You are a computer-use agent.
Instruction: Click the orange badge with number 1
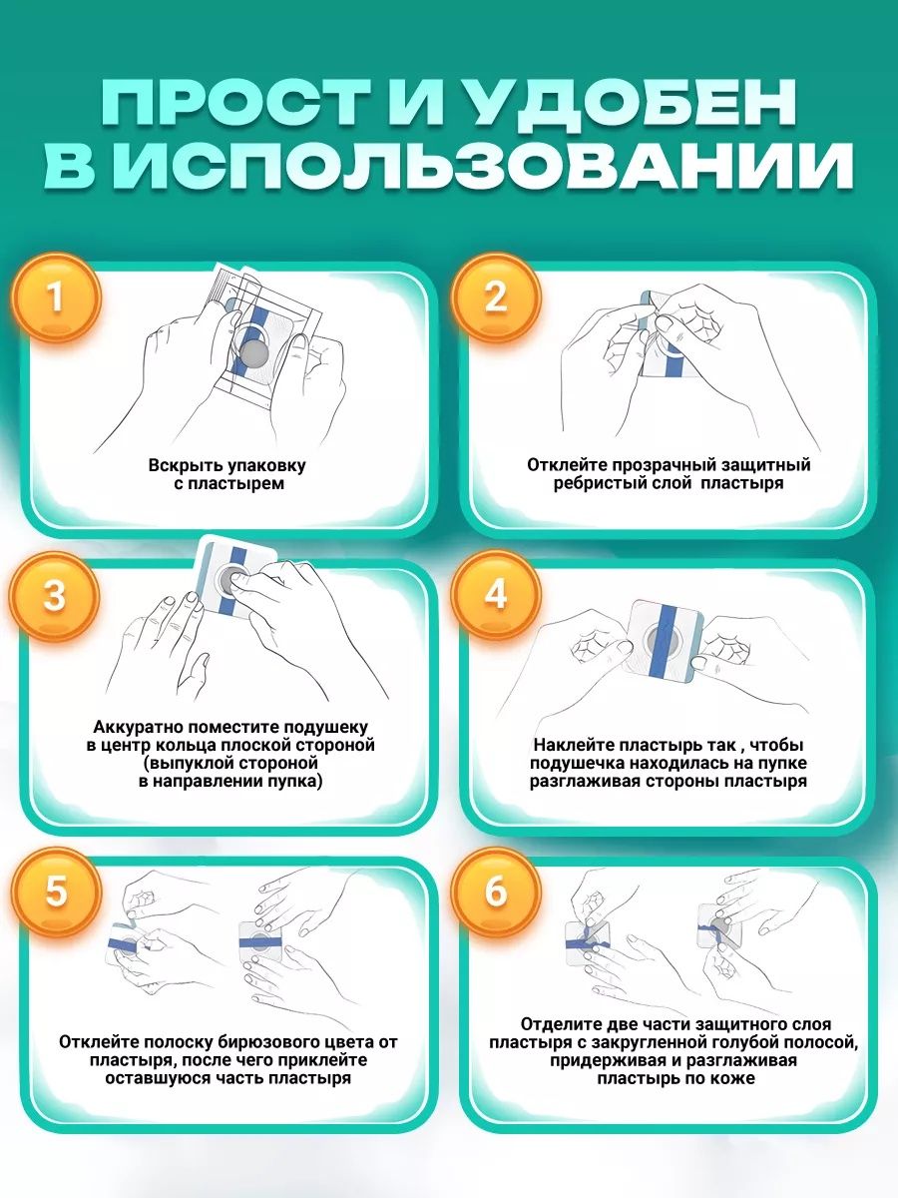click(55, 298)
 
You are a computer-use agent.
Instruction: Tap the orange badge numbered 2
click(496, 298)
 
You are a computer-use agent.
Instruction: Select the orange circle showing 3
click(55, 595)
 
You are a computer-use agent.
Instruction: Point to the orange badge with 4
click(496, 595)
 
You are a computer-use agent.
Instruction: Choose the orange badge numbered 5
click(56, 892)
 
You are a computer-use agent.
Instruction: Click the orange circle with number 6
click(496, 892)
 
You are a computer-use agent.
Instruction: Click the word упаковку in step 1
click(265, 465)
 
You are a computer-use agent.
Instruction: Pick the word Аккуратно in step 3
click(134, 728)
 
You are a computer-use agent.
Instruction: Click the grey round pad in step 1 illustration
click(252, 353)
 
